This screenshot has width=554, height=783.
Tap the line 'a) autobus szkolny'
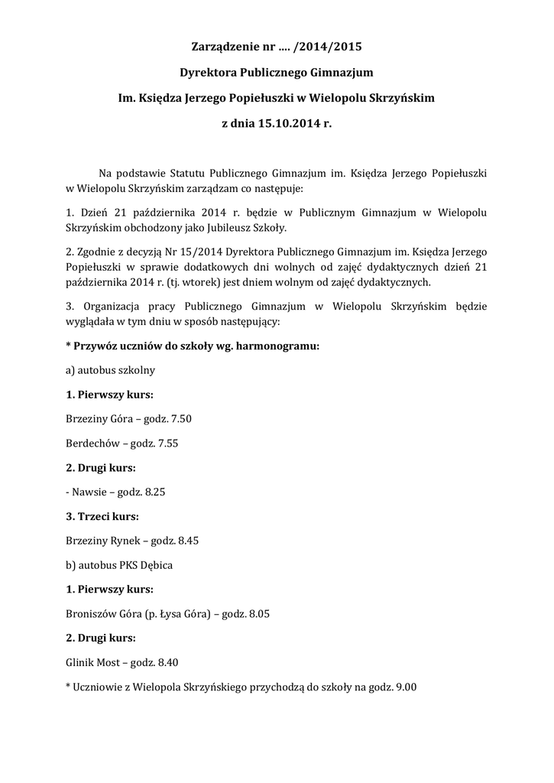coord(111,369)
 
